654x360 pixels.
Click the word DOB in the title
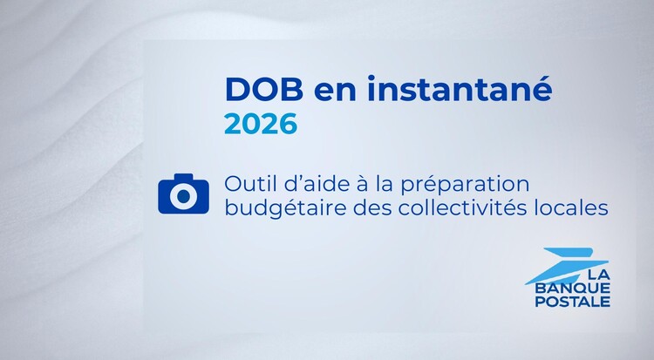click(x=264, y=89)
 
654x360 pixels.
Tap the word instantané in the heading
click(x=460, y=88)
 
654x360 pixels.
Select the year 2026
click(x=261, y=124)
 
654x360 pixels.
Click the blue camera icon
click(x=183, y=194)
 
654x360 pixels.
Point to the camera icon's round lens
click(x=183, y=196)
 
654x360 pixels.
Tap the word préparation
click(x=465, y=186)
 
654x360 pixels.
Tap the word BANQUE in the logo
click(x=572, y=289)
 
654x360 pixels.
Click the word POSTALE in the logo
click(x=572, y=302)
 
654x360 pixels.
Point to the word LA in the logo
click(x=598, y=275)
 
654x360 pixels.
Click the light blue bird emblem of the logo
click(x=566, y=265)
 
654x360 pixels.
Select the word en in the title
click(x=335, y=92)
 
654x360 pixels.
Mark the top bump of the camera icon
click(x=183, y=177)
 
